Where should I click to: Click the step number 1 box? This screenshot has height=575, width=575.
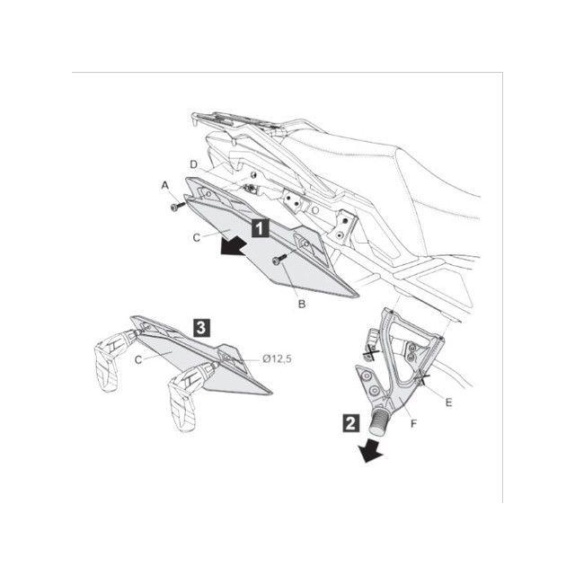coord(260,228)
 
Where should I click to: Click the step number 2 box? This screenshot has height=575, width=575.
coord(350,423)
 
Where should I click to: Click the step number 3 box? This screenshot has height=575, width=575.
coord(201,328)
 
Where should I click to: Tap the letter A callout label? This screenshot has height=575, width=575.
coord(165,186)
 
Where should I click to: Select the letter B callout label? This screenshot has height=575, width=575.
coord(302,304)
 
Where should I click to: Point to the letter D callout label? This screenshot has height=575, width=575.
coord(194,164)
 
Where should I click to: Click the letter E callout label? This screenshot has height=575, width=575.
coord(448,402)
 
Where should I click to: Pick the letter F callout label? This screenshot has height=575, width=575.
coord(413,424)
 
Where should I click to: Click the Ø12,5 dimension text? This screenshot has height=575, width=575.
coord(278,358)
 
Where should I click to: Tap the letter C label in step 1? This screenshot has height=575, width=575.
coord(197,237)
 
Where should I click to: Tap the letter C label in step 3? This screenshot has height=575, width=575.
coord(138,359)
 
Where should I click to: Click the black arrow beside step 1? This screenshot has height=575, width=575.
coord(234,245)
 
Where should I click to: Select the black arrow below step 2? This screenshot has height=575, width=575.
coord(371,451)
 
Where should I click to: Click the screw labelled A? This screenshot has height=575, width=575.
coord(178,206)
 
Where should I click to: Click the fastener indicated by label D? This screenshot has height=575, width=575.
coord(251,189)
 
